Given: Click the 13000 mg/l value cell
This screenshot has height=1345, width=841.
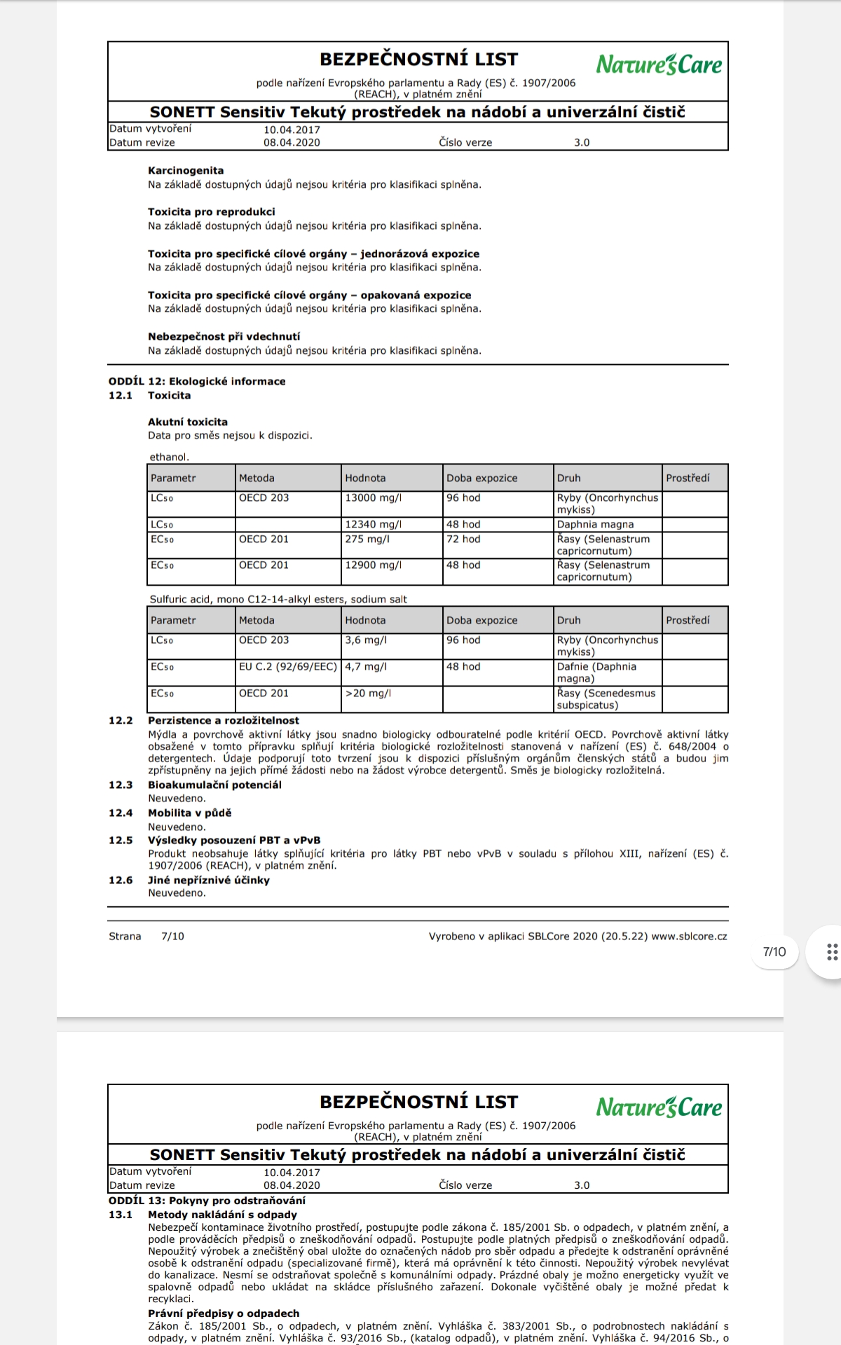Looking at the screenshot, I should (373, 498).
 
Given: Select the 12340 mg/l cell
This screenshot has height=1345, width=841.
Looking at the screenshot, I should (373, 525).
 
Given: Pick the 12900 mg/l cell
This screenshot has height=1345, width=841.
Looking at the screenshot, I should (373, 565).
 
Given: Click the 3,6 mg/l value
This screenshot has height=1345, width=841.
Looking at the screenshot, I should (365, 640).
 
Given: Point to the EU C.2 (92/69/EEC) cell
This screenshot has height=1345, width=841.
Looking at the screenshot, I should (287, 667).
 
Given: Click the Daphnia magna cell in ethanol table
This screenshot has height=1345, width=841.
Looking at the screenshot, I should (595, 525).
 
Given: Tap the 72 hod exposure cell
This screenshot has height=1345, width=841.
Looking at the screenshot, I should (463, 539).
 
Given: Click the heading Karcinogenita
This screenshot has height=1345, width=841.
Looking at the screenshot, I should (186, 171).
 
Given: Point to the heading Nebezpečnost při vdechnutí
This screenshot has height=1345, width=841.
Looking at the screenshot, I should (224, 337).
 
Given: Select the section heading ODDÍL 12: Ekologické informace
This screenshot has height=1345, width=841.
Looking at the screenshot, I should (197, 382).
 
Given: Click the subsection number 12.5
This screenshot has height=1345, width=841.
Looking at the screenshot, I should (121, 841).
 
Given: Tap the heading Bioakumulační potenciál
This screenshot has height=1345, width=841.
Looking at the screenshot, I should (214, 785).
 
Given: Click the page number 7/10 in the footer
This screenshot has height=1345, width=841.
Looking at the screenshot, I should (172, 937).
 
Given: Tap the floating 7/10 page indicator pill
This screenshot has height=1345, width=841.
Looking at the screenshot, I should (774, 952).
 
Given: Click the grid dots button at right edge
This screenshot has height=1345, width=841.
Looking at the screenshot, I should (832, 952).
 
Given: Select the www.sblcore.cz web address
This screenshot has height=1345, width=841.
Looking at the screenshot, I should (689, 937).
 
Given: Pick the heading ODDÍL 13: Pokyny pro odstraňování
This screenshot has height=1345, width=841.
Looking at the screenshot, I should (207, 1201).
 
